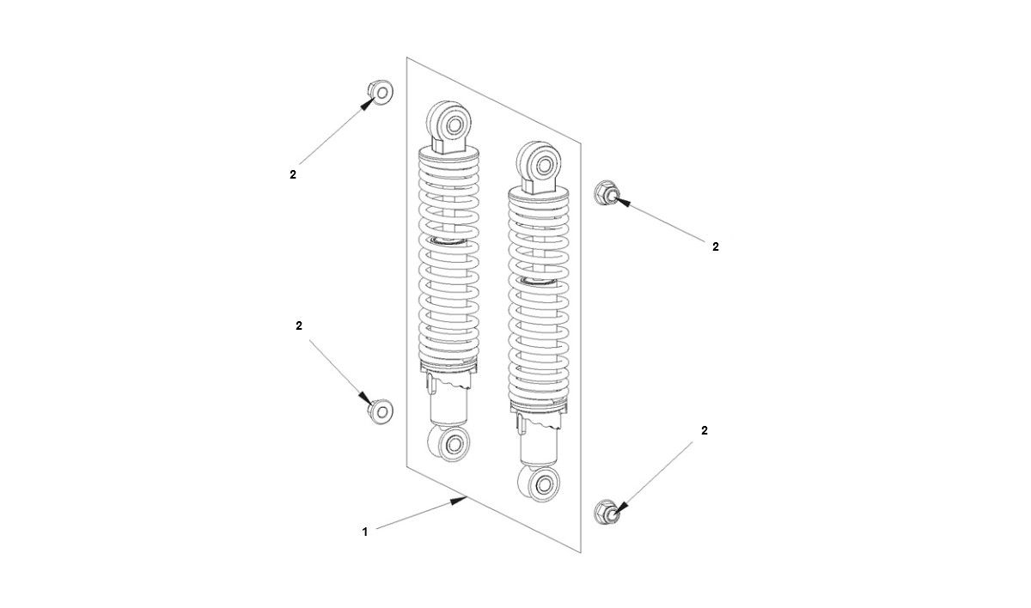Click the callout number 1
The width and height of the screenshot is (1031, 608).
[x=364, y=532]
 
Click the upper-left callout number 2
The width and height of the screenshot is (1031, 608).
[x=293, y=174]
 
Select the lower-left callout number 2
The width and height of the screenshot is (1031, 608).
[x=299, y=326]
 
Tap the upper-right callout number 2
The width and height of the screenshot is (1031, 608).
[x=716, y=247]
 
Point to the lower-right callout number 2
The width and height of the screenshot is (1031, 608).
[x=705, y=431]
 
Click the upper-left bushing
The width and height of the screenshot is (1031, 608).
[x=379, y=91]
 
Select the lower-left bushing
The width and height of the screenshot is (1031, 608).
[x=380, y=411]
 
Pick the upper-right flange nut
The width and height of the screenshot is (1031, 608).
[x=605, y=193]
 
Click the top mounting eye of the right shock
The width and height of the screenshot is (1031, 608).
[x=542, y=161]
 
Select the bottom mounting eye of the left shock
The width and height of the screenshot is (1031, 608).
[x=451, y=445]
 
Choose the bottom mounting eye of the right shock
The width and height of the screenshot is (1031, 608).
[x=541, y=485]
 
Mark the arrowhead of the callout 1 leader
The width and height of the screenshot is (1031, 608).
[x=461, y=501]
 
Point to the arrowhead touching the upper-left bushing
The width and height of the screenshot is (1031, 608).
[x=369, y=104]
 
